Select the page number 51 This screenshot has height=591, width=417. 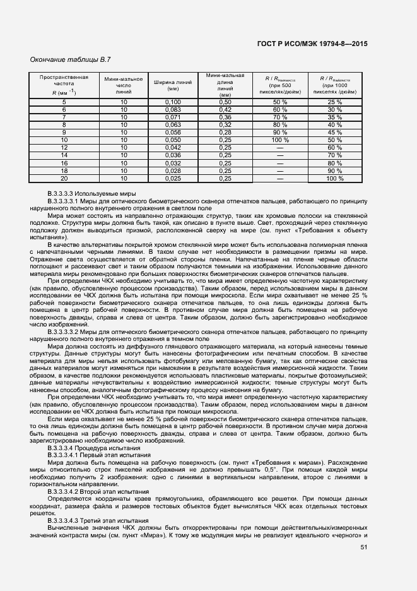click(x=363, y=547)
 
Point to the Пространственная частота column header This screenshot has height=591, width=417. click(x=64, y=85)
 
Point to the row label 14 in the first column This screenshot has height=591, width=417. click(x=64, y=155)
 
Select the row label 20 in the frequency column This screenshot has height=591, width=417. click(x=64, y=178)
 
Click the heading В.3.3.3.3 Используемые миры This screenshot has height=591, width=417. click(x=91, y=193)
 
